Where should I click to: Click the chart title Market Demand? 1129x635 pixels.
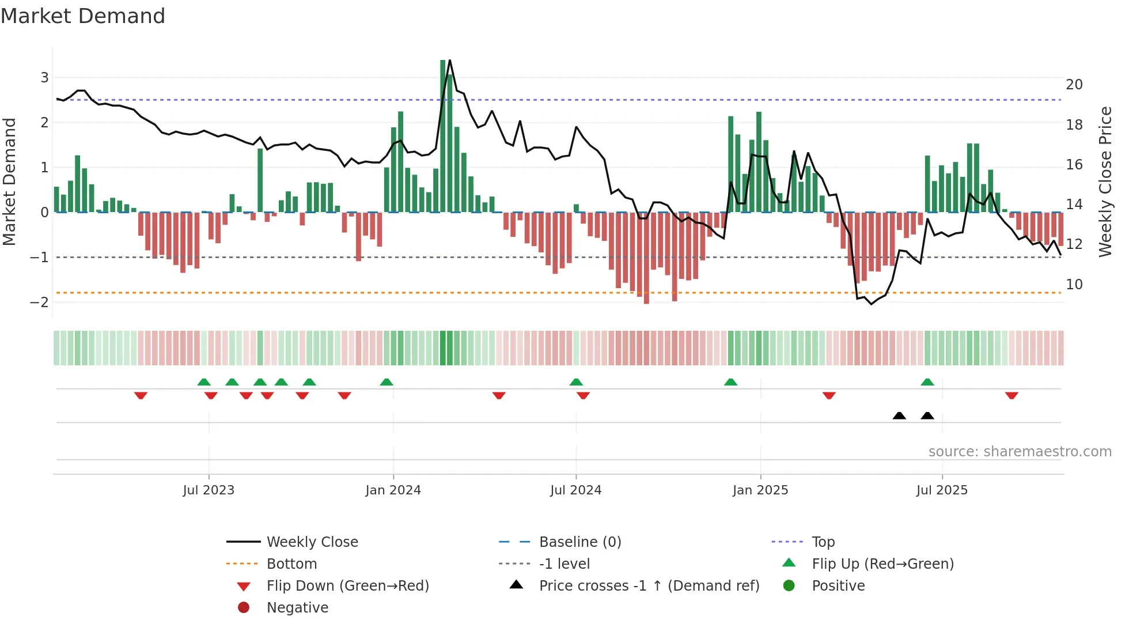point(83,16)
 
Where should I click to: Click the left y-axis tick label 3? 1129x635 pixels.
point(44,78)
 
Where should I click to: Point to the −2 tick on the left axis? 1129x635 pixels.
point(39,303)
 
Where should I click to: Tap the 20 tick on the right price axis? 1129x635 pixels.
point(1074,85)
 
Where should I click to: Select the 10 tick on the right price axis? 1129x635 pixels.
point(1074,285)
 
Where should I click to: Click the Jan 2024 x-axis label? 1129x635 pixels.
point(393,490)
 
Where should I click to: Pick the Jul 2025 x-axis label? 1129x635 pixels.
point(942,490)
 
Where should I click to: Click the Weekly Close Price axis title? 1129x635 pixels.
point(1105,182)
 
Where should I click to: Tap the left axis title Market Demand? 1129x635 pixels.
point(10,182)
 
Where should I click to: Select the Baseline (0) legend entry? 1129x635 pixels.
point(580,542)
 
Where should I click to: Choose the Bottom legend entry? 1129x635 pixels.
point(291,564)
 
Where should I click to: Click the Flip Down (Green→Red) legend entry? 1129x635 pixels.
point(347,586)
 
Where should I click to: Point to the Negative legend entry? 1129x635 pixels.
point(297,608)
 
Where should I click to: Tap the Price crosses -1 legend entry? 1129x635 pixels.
point(649,586)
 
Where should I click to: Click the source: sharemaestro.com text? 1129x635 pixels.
point(1020,452)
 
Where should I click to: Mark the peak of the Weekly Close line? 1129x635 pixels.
point(449,61)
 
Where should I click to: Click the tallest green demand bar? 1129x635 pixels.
point(443,135)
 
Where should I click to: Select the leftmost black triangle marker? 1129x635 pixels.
point(899,415)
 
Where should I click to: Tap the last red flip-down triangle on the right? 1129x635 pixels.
point(1011,395)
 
